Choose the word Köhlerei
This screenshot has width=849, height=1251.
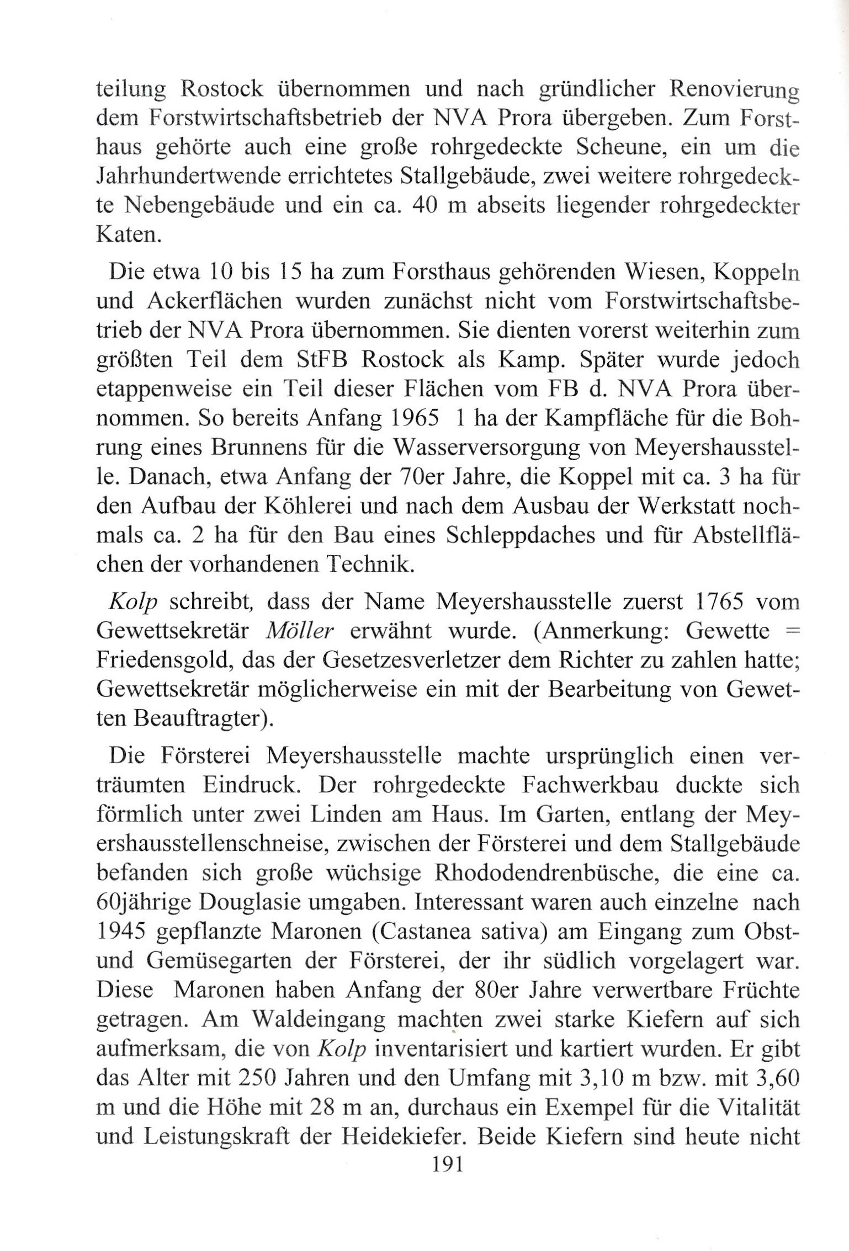pyautogui.click(x=304, y=505)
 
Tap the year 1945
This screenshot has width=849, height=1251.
pyautogui.click(x=120, y=931)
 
